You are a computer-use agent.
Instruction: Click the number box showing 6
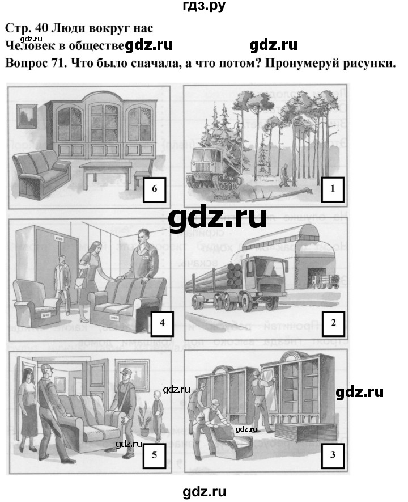pos(154,189)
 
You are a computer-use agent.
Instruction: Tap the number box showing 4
pos(163,323)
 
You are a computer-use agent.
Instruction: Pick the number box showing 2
pos(334,323)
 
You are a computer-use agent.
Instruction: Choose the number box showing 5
pos(153,454)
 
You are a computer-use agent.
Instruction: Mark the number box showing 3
pos(333,454)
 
